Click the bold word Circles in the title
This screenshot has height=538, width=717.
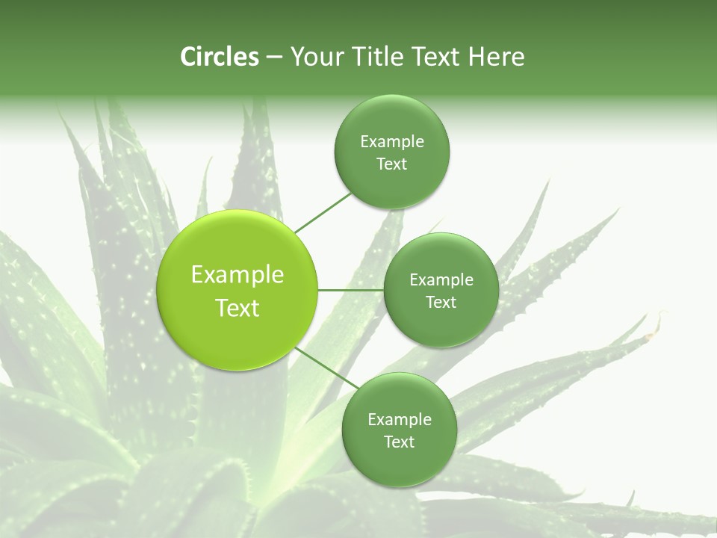(x=220, y=57)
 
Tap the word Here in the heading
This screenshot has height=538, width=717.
(x=496, y=57)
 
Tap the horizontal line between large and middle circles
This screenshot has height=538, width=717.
(x=351, y=290)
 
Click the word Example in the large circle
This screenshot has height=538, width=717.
(x=238, y=275)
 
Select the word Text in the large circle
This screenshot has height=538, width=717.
(x=238, y=308)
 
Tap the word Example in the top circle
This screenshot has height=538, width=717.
(x=392, y=142)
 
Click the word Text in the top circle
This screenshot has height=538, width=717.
(x=391, y=164)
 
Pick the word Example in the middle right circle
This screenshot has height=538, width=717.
(x=441, y=280)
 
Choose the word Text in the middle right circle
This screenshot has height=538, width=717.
(x=441, y=303)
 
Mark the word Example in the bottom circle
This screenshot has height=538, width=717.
(x=400, y=420)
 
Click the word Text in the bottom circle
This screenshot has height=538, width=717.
(x=399, y=442)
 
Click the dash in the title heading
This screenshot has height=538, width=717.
(x=274, y=58)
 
